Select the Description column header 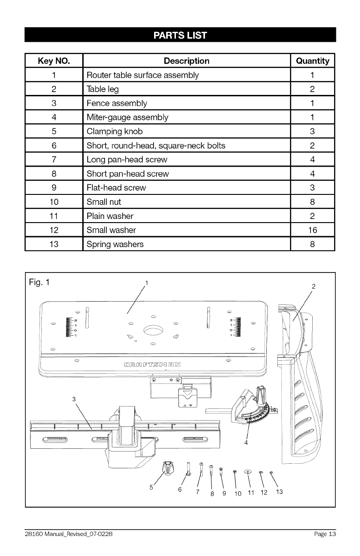tap(186, 61)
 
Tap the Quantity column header tap(312, 61)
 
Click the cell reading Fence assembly tap(117, 104)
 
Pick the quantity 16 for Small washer tap(312, 230)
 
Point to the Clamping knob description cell tap(115, 132)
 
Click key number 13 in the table tap(54, 244)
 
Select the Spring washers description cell tap(115, 244)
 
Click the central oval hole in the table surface tap(153, 330)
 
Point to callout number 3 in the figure tap(74, 399)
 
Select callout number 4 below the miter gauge tap(246, 443)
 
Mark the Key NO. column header tap(54, 61)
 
